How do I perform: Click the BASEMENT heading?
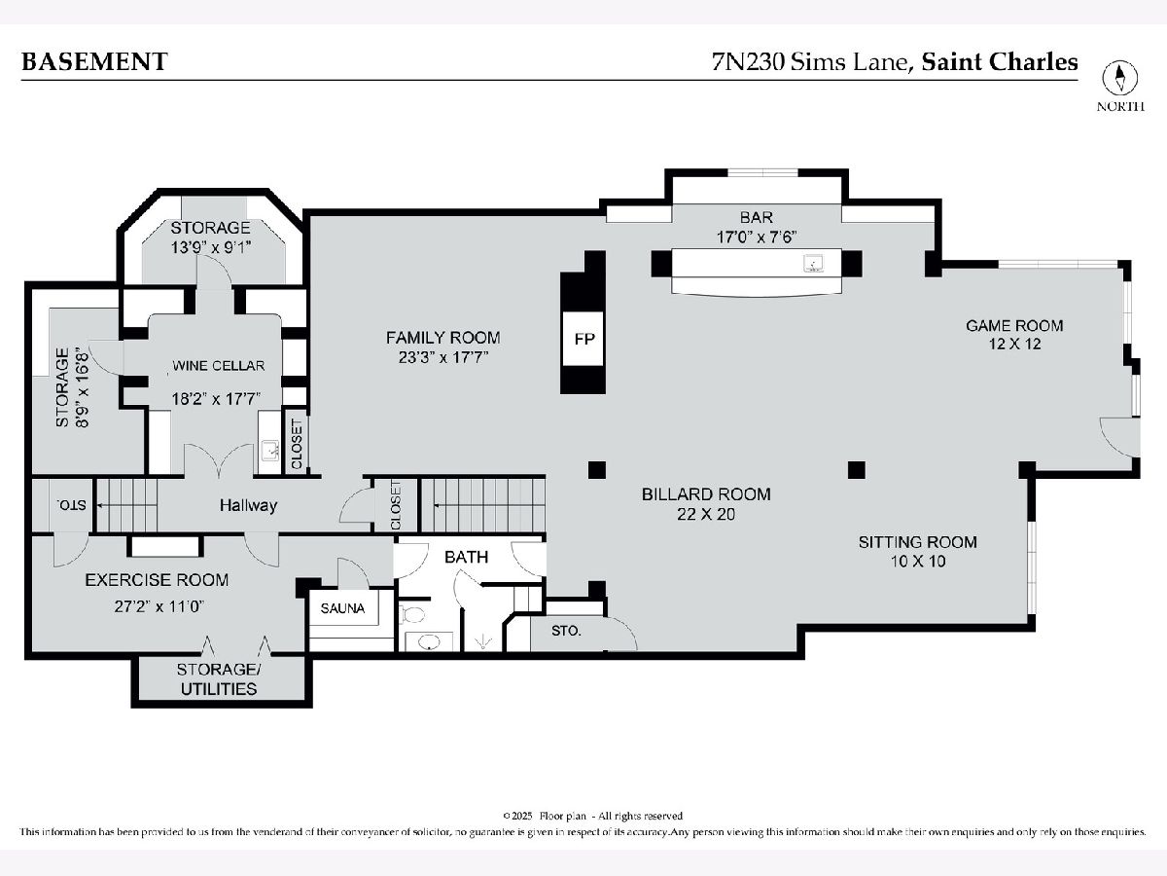94,61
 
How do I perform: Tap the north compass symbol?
1119,78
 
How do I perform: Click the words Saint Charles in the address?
1000,61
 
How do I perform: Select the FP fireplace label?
584,339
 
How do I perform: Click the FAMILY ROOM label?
442,337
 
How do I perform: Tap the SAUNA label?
342,608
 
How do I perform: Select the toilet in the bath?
412,615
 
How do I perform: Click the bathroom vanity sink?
429,643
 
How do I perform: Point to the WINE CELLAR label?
219,366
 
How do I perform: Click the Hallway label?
248,505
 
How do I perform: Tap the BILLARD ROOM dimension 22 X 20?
706,514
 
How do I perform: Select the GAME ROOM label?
1014,325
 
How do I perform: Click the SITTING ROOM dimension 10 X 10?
918,562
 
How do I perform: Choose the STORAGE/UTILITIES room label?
219,678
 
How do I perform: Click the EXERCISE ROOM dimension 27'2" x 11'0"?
159,606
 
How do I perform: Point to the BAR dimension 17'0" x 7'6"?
756,237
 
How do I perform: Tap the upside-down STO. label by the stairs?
71,505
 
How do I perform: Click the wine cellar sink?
269,451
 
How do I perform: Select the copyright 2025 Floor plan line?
592,816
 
